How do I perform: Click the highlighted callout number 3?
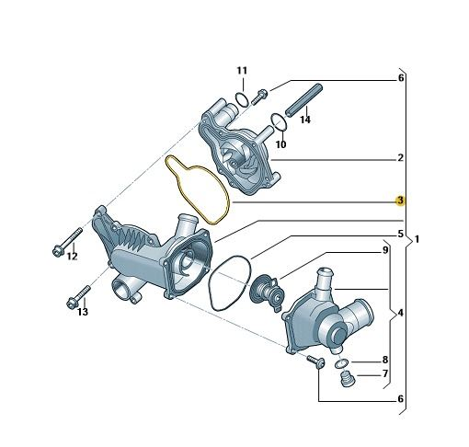pos(400,201)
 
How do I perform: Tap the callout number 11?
pos(242,71)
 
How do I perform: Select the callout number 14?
pos(305,120)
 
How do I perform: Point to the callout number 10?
pos(280,144)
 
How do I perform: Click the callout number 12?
pos(73,256)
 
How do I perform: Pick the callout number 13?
pos(83,312)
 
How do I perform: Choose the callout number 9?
pos(385,250)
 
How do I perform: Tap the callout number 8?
pos(385,360)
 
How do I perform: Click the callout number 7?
pos(385,373)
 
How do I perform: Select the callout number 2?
pos(400,158)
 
